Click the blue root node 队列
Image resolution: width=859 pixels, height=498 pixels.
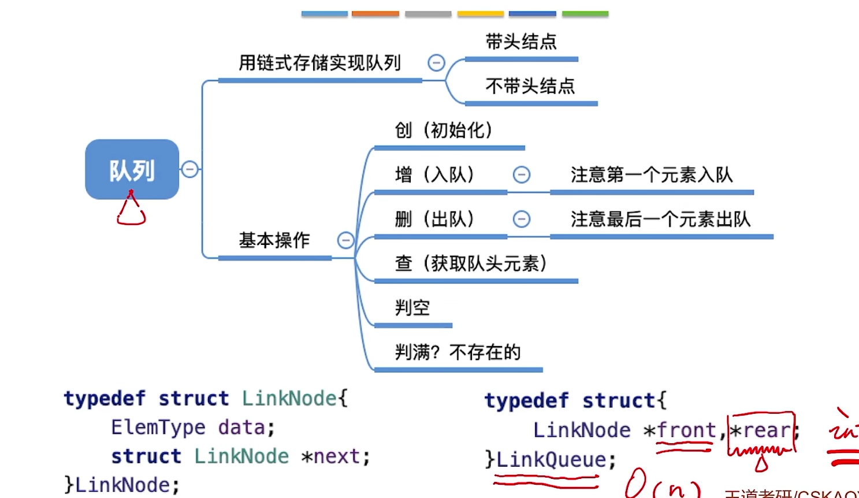coord(132,169)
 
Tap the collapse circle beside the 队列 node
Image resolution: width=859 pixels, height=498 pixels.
coord(190,169)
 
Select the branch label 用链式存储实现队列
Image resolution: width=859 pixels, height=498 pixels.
coord(319,63)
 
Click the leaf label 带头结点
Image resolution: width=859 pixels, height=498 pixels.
coord(520,42)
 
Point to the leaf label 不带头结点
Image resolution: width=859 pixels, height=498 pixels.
coord(530,86)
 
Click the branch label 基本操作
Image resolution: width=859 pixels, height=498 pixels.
coord(274,240)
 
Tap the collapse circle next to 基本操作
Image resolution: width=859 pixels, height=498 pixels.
coord(345,240)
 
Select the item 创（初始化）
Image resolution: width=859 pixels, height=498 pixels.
coord(443,131)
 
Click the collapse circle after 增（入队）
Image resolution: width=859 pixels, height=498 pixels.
coord(521,174)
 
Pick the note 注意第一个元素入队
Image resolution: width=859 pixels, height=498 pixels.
coord(651,174)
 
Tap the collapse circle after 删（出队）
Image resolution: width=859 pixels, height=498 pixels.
coord(521,219)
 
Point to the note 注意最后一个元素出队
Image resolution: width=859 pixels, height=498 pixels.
coord(660,219)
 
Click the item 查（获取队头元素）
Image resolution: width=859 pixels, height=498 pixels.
coord(470,263)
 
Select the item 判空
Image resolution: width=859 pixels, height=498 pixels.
coord(412,307)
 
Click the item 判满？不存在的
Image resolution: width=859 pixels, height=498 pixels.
coord(458,352)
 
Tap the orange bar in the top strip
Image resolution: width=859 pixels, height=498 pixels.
coord(375,13)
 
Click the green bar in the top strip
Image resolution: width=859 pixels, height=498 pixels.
coord(585,13)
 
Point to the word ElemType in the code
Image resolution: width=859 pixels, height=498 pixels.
coord(158,428)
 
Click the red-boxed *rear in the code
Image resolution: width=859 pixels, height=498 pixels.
coord(761,431)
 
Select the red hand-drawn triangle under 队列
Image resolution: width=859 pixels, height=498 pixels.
coord(131,211)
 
